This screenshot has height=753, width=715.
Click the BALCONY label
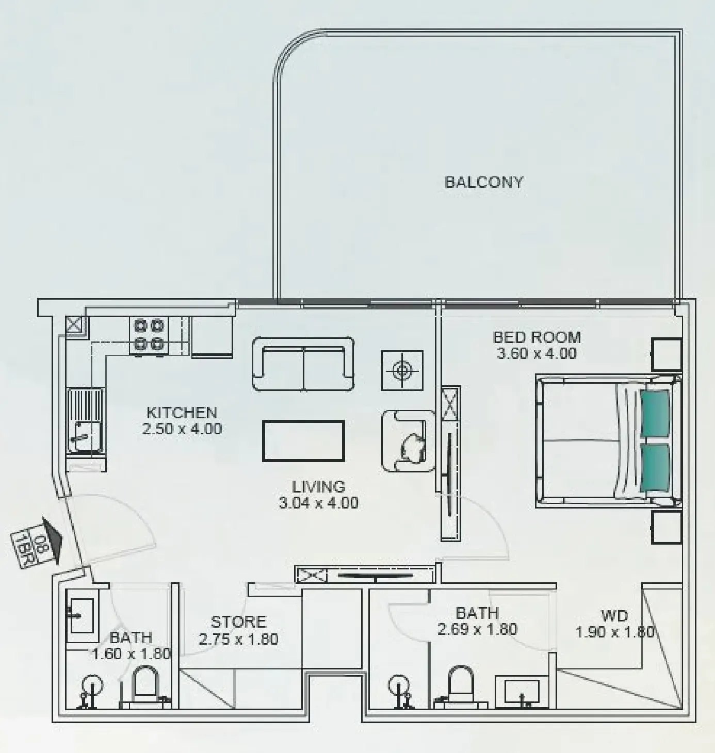pyautogui.click(x=483, y=182)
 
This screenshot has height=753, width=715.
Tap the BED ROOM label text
pyautogui.click(x=537, y=337)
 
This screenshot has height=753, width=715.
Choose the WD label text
pyautogui.click(x=614, y=616)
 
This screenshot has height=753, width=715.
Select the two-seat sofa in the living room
pyautogui.click(x=303, y=364)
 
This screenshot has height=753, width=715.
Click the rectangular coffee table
pyautogui.click(x=303, y=441)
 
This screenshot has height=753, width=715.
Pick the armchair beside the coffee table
pyautogui.click(x=409, y=440)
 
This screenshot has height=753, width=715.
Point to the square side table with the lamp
pyautogui.click(x=402, y=370)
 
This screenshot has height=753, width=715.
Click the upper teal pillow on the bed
pyautogui.click(x=655, y=413)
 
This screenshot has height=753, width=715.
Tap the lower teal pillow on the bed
pyautogui.click(x=655, y=467)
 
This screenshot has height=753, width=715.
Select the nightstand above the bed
pyautogui.click(x=667, y=354)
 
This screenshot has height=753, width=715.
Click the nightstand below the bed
pyautogui.click(x=667, y=528)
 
